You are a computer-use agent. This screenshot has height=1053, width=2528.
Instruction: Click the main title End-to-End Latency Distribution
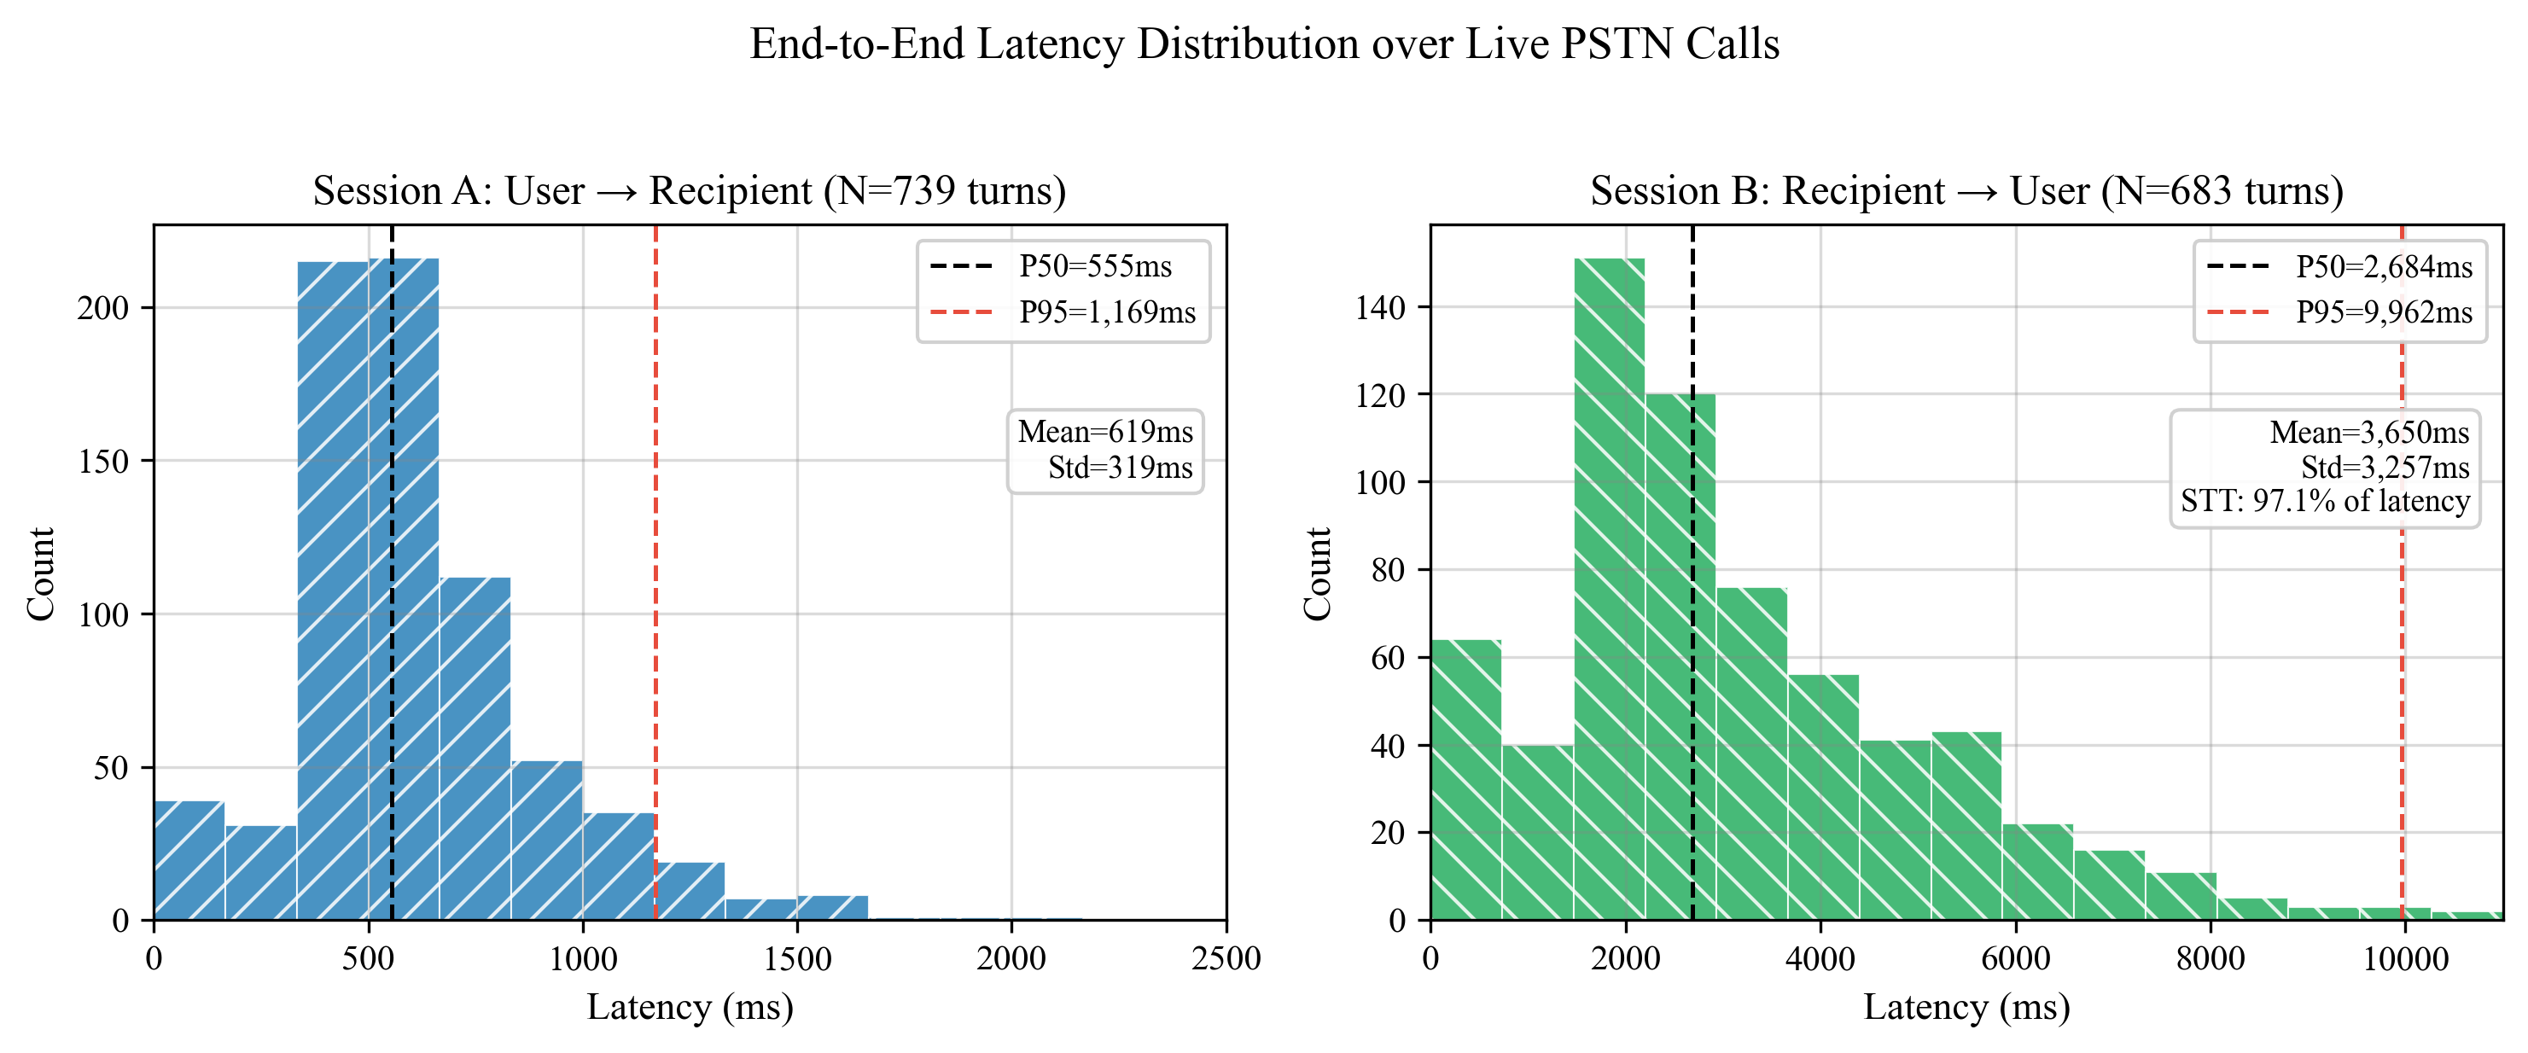click(1264, 44)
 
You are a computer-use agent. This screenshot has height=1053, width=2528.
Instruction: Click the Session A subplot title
click(689, 190)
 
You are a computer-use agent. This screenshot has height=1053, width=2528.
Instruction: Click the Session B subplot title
click(1966, 190)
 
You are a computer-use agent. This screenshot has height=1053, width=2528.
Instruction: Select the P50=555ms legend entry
click(1094, 266)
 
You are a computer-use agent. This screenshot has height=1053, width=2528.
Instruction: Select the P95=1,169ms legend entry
click(1106, 312)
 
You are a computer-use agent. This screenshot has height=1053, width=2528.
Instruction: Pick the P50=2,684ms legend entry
click(2383, 266)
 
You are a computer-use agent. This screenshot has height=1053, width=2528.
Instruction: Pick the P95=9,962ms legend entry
click(2383, 312)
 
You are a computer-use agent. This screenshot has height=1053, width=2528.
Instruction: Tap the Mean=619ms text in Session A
click(1105, 432)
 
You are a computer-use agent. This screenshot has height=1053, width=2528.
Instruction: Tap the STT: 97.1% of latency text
click(2325, 502)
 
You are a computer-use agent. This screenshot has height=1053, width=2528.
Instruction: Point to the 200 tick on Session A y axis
click(103, 308)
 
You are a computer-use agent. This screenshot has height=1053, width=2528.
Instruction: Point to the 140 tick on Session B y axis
click(1380, 308)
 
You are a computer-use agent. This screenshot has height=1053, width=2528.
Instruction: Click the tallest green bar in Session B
click(1610, 589)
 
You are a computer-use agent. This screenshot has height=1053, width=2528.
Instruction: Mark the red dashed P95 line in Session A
click(655, 589)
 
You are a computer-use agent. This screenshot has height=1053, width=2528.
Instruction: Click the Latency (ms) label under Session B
click(1966, 1008)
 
